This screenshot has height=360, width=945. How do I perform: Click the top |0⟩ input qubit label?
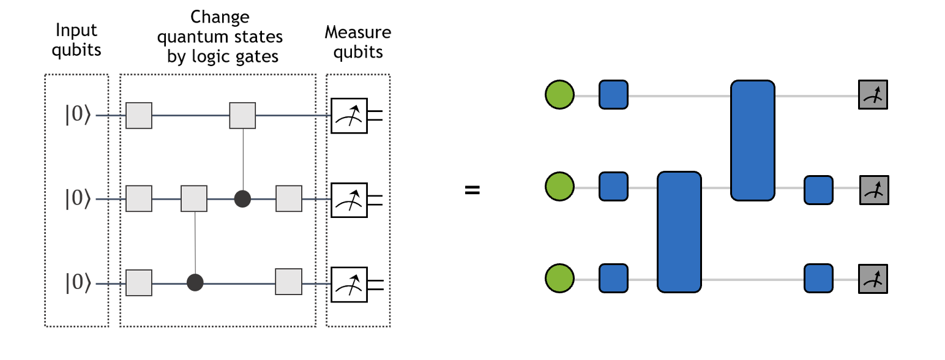78,115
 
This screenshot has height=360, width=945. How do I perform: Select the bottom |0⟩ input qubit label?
78,283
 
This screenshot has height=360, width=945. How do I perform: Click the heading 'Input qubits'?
77,40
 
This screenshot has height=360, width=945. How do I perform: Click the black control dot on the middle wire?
243,199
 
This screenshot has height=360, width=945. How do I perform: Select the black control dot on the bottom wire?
195,282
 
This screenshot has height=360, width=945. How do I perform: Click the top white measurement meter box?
349,115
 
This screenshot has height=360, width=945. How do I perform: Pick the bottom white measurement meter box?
349,283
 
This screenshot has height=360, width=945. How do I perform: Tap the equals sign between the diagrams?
472,189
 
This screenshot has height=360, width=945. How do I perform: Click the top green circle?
559,95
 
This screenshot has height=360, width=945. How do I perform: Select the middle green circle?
559,187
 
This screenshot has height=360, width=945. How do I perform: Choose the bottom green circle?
559,278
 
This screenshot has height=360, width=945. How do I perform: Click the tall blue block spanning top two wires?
753,140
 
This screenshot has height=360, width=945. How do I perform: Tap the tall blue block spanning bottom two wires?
679,231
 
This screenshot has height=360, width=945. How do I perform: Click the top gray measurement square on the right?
873,95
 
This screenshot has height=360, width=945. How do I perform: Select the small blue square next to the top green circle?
613,95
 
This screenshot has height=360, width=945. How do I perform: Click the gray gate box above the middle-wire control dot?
242,115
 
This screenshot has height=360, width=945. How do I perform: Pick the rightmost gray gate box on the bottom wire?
288,282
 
